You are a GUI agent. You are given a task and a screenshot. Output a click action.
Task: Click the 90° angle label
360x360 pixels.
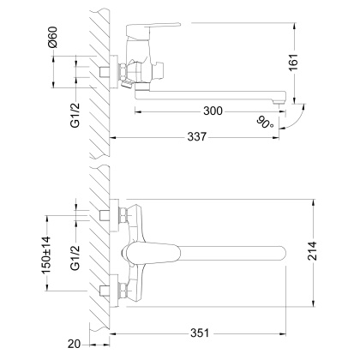point(264,125)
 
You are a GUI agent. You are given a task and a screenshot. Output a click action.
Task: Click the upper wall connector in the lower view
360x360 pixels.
point(108,214)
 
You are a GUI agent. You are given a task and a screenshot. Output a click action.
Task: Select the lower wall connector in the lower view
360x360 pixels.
point(108,287)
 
